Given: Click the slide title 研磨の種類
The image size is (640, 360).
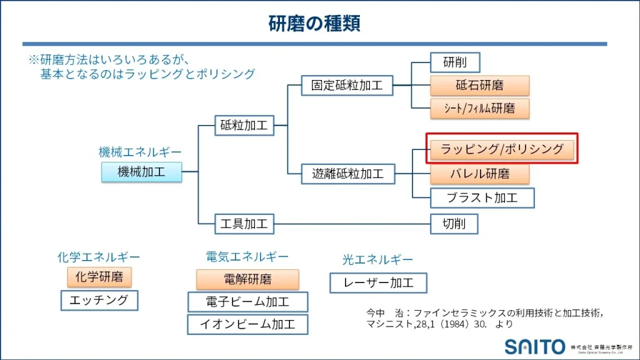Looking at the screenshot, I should coord(314,24).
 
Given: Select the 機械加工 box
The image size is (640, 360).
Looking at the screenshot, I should coord(142,172).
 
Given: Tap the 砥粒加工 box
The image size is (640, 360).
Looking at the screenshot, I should coord(244,126).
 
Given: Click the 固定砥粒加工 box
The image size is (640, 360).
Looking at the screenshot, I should coord(347,85).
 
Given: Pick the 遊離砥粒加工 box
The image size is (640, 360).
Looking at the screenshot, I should coord(347,173).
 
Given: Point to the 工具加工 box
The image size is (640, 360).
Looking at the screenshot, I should coord(244,223).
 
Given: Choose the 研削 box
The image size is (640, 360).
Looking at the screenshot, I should coord(455,62).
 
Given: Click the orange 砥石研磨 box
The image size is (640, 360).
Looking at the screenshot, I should coord(479,86).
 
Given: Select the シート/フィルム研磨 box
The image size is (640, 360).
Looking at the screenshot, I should coord(480,108).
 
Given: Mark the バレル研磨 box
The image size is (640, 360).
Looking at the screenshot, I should coord(479,172).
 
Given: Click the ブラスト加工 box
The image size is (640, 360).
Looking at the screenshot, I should coord(482,198).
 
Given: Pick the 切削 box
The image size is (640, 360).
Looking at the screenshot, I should coord(454,223).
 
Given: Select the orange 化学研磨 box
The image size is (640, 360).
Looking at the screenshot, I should coord(99,277).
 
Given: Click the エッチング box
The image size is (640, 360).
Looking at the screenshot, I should coord(99,301).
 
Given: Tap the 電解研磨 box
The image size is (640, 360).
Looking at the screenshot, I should coord(247,279).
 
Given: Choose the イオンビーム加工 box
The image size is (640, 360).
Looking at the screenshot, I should coord(247,324).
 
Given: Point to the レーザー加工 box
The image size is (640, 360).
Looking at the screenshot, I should coord(378,282).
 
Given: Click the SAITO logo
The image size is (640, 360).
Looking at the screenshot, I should coord(535,346).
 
